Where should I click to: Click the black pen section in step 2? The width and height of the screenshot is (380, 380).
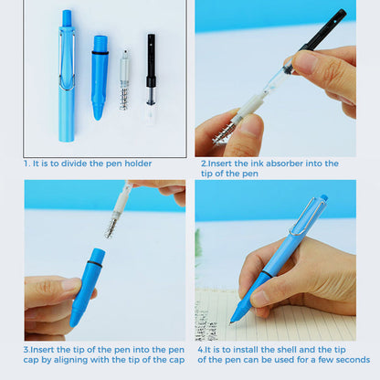click(x=320, y=37)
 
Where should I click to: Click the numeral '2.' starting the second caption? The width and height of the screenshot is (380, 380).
click(x=205, y=164)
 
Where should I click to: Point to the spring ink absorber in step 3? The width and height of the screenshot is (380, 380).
click(x=117, y=212)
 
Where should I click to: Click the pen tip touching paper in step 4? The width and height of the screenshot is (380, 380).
click(x=237, y=316)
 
